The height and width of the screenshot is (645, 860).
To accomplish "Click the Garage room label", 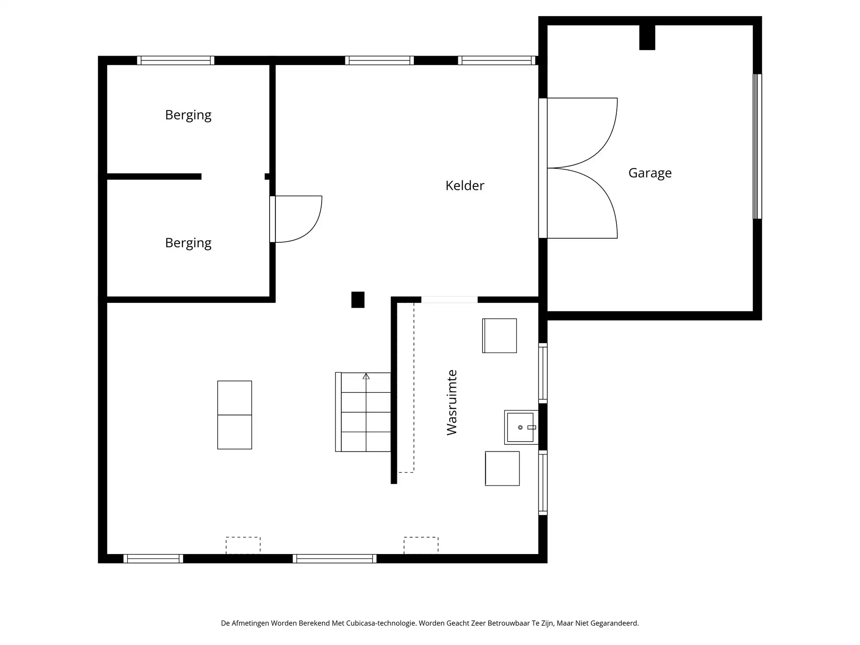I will tap(650, 173).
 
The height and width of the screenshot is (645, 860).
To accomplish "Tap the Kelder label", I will tap(464, 185).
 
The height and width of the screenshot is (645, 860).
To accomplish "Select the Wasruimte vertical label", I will tap(452, 402).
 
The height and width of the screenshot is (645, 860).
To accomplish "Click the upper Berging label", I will tap(188, 115).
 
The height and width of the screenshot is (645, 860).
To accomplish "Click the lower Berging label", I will tap(188, 243).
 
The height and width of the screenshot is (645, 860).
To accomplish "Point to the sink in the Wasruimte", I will tap(520, 427).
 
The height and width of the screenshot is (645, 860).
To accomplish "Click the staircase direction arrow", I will tap(366, 376).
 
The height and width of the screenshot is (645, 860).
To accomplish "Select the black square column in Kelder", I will tap(357, 300).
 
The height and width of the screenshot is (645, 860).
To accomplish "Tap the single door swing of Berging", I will tap(298, 219).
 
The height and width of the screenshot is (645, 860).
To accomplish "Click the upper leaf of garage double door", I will tap(582, 133).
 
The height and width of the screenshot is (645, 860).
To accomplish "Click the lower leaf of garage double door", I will tap(582, 203).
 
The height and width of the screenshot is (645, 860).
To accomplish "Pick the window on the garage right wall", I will tap(757, 146).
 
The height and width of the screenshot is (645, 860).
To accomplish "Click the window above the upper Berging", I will tap(176, 60).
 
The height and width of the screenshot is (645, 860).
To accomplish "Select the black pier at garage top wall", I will tap(647, 37).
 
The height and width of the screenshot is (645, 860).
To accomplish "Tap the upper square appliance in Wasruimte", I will tap(499, 335).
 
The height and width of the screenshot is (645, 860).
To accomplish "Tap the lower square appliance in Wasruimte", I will tap(502, 469).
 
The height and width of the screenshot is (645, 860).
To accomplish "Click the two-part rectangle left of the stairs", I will tap(234, 415).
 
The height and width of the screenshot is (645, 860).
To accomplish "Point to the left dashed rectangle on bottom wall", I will tap(243, 545).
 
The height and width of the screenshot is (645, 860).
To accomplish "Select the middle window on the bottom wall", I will tap(335, 559).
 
